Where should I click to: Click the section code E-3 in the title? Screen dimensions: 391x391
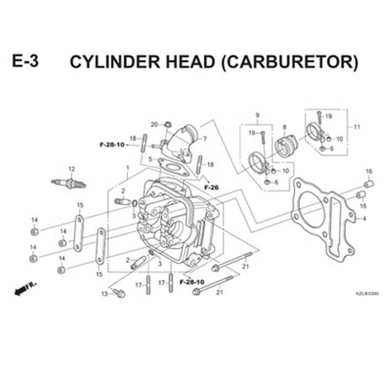coord(26,62)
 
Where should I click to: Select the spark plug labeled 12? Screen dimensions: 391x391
coord(68,184)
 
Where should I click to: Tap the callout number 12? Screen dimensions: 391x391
coord(72,168)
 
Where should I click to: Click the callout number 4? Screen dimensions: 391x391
coord(364,218)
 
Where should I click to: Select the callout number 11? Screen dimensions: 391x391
coord(357,127)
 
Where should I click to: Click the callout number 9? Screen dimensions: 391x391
coord(257,115)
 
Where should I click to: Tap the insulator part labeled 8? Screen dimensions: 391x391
coord(285,146)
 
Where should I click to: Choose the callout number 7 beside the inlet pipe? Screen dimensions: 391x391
coord(205,139)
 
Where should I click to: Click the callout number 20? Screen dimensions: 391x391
coord(154,124)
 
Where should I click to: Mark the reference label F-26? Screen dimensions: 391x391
coord(211,187)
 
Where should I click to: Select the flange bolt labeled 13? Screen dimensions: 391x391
coord(120,294)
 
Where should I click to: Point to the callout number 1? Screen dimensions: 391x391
coord(127,167)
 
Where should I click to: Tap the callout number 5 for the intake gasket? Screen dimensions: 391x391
coord(150,159)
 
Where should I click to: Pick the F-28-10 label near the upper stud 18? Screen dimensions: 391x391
coord(112,144)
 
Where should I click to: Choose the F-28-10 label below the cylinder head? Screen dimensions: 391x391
coord(191,282)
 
